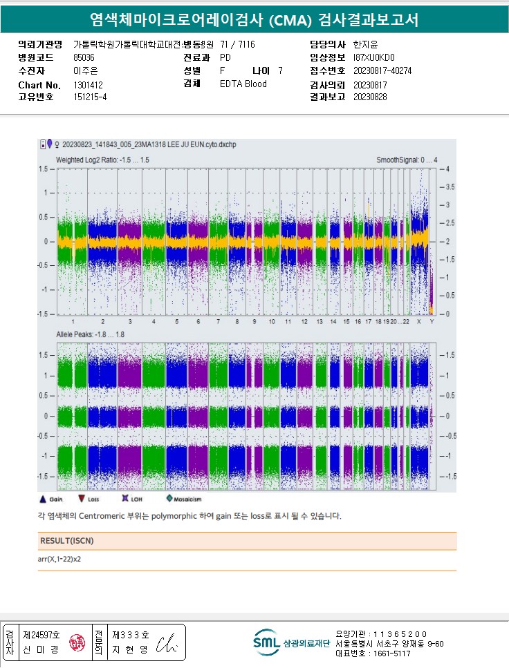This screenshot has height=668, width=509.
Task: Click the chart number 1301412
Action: [x=88, y=85]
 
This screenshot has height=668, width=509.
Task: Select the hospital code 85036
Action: [x=84, y=58]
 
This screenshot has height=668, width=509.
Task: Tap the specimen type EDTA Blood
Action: [x=243, y=84]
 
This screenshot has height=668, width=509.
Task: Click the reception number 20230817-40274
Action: [x=382, y=70]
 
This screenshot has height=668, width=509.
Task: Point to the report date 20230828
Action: [x=370, y=97]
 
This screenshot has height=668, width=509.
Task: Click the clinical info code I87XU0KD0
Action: [x=373, y=58]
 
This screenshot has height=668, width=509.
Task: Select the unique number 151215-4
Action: [x=90, y=97]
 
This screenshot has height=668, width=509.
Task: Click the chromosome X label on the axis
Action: [x=418, y=322]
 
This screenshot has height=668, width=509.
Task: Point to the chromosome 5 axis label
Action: [x=176, y=322]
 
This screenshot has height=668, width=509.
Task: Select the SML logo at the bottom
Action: [x=266, y=642]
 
